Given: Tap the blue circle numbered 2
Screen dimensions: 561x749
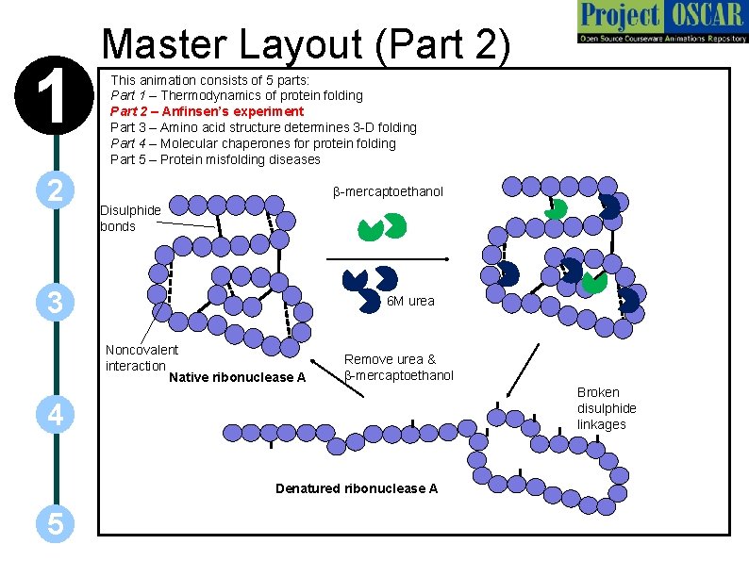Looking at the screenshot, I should coord(56,191).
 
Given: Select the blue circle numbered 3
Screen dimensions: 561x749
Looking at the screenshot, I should coord(56,303).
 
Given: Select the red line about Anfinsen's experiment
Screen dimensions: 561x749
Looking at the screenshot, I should coord(207,111).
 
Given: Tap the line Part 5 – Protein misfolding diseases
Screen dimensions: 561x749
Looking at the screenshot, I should coord(215,158).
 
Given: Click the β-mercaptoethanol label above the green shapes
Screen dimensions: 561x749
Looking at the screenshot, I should coord(388,192).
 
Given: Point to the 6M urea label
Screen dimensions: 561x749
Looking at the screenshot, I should coord(411,301).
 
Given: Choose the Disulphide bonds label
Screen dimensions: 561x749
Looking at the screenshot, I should coord(130,218).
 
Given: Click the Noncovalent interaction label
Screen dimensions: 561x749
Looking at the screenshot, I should coord(141,357).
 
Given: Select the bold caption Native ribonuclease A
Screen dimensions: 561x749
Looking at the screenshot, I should coord(236,378).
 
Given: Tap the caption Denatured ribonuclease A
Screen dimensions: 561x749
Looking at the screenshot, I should coord(357,488).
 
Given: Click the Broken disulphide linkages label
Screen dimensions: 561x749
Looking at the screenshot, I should coord(607,408).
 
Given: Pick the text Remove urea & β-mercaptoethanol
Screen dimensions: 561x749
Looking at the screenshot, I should coord(398,367).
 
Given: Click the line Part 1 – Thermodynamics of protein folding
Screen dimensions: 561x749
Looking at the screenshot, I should coord(236,95).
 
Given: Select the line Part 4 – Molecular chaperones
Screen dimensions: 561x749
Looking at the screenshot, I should coord(253,143).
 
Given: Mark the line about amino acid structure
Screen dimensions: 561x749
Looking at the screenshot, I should coord(263,127).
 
